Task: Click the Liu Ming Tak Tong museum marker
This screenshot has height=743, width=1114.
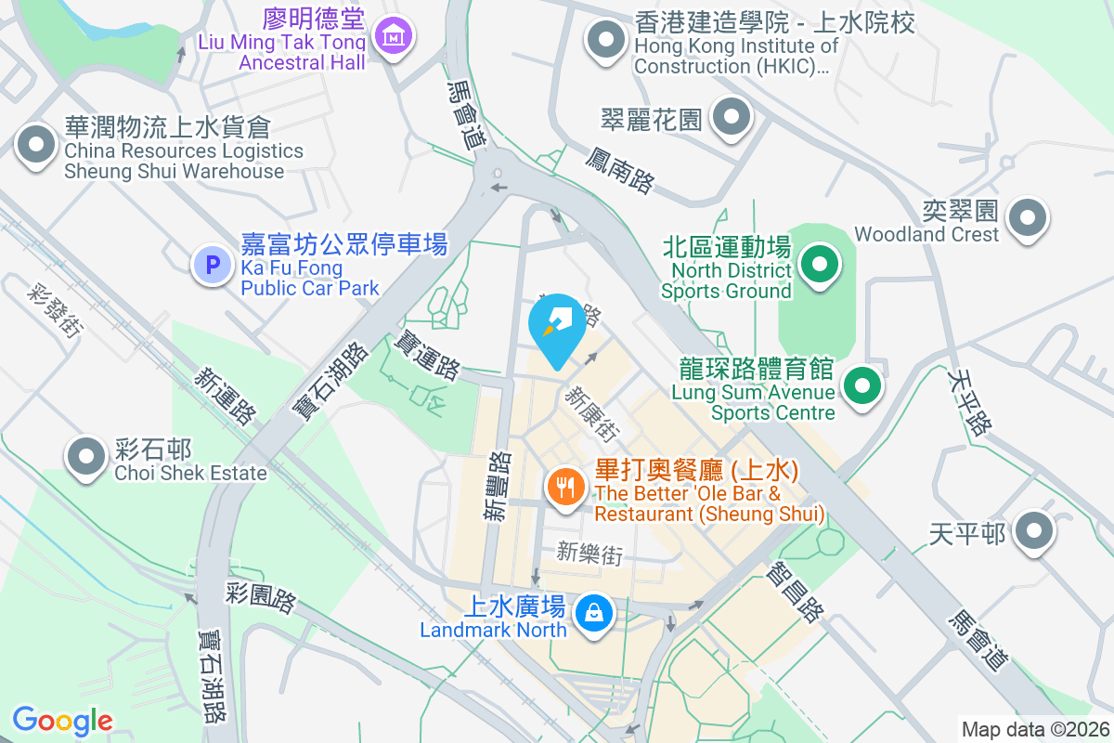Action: click(x=395, y=36)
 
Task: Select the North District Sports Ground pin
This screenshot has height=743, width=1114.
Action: click(x=819, y=265)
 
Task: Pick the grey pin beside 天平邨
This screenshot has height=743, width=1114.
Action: click(x=1032, y=533)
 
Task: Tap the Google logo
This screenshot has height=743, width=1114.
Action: click(x=62, y=721)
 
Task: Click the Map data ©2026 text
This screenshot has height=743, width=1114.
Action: click(x=1034, y=729)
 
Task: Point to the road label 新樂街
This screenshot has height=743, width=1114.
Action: click(x=589, y=554)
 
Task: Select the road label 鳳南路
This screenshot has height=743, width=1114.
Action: click(x=619, y=168)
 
